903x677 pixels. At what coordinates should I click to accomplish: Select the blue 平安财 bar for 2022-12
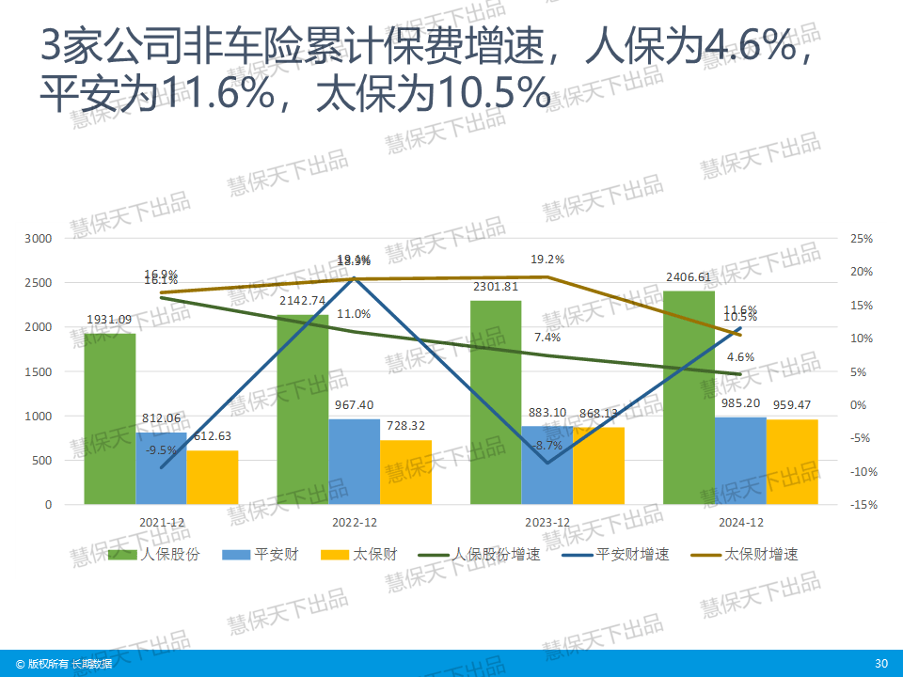tap(354, 461)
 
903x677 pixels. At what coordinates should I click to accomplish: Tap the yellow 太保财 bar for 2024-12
tap(792, 462)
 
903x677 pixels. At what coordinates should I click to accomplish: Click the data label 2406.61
tap(689, 277)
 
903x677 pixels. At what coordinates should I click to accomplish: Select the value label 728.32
tap(406, 427)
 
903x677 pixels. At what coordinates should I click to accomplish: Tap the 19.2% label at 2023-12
tap(547, 260)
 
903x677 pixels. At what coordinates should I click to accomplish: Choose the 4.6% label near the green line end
tap(741, 357)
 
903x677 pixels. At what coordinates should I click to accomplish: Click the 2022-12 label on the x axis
tap(355, 523)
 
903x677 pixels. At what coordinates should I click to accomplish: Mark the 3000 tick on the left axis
tap(39, 239)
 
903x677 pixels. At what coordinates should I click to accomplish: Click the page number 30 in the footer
tap(880, 664)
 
